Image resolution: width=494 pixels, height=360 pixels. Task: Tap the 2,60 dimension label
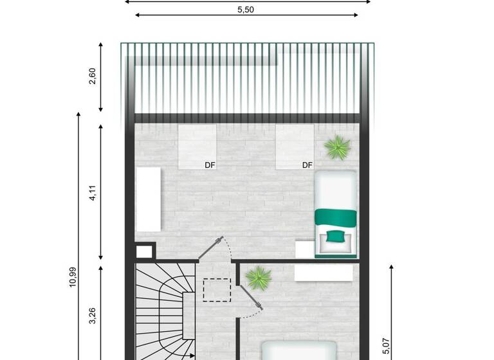[x=93, y=76]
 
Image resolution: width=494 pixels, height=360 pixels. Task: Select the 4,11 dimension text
[x=93, y=193]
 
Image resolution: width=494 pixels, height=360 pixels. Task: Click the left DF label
[x=210, y=165]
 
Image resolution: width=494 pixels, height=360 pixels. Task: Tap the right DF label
[x=307, y=165]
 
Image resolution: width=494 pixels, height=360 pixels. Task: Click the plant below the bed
[x=258, y=278]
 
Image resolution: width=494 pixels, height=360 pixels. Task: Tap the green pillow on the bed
[x=334, y=236]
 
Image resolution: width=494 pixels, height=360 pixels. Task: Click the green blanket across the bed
[x=334, y=217]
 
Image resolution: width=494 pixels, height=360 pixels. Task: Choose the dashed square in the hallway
[x=215, y=290]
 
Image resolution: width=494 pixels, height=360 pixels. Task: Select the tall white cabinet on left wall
[x=149, y=199]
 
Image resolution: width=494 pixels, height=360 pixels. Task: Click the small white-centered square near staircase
[x=145, y=251]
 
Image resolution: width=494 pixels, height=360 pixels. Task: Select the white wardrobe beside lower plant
[x=324, y=273]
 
